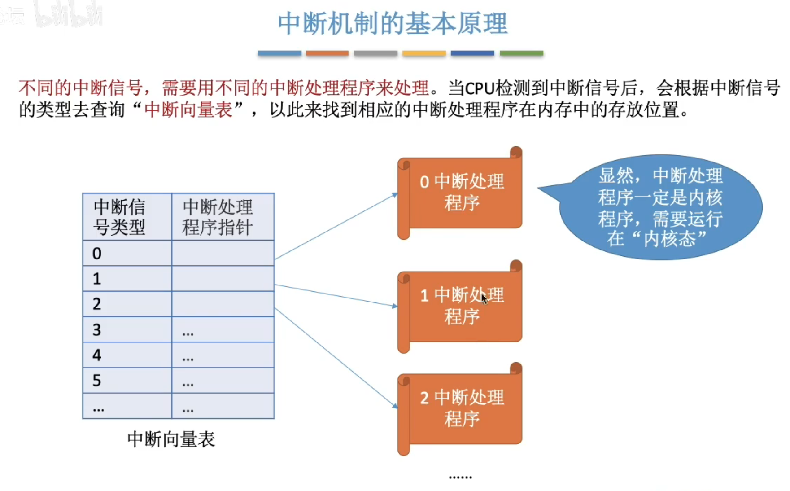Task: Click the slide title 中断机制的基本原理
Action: [393, 24]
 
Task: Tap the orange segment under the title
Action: [327, 53]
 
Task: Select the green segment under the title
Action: [521, 53]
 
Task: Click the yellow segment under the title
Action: [424, 53]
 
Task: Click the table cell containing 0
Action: [127, 253]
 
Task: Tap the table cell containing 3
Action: [127, 329]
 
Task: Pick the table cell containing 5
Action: [127, 380]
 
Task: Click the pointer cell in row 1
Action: [223, 278]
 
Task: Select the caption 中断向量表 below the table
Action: [171, 439]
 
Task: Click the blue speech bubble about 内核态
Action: [660, 207]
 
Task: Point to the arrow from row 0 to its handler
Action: [336, 227]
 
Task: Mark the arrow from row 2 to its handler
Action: [336, 357]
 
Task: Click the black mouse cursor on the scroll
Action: [484, 298]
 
